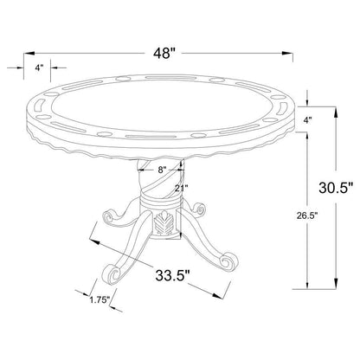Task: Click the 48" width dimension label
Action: click(x=164, y=54)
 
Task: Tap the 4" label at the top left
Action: click(x=39, y=67)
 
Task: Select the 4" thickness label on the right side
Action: click(x=308, y=120)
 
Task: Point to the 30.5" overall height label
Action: click(x=336, y=188)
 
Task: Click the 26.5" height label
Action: click(x=307, y=215)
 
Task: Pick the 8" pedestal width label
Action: click(x=162, y=170)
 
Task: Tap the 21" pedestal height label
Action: click(x=182, y=188)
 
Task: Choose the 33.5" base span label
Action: click(x=173, y=275)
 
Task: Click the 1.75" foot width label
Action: click(x=100, y=299)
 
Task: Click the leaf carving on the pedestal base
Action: click(x=163, y=222)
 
